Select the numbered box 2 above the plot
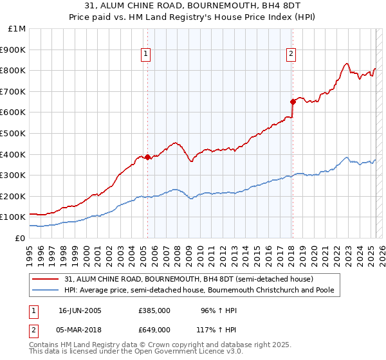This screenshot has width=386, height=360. click(291, 55)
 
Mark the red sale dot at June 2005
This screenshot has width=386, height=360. click(147, 157)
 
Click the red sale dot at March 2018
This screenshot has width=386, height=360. click(292, 102)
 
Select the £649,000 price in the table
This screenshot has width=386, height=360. click(154, 329)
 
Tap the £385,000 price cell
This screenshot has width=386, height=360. click(154, 310)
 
